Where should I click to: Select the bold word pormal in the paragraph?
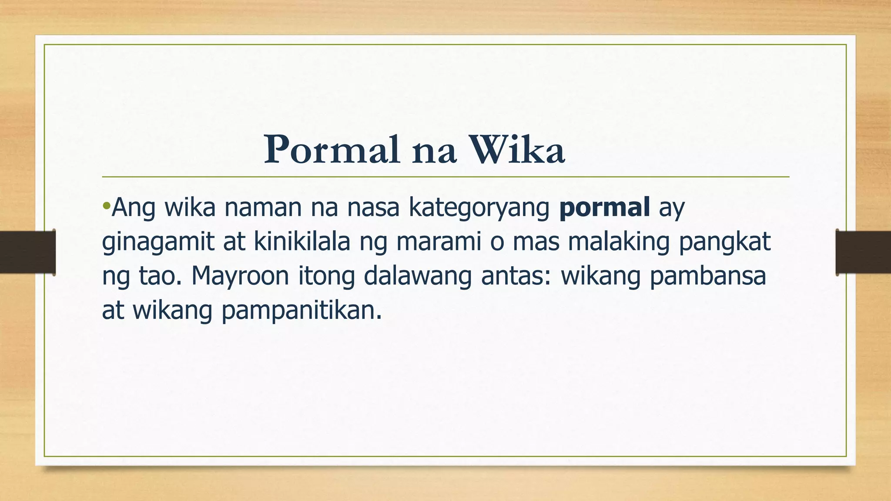coord(604,207)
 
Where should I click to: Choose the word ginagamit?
coord(158,243)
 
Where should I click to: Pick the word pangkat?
coord(724,243)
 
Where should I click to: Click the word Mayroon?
coord(240,277)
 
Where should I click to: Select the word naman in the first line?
coord(263,208)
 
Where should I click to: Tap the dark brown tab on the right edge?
coord(863,252)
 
